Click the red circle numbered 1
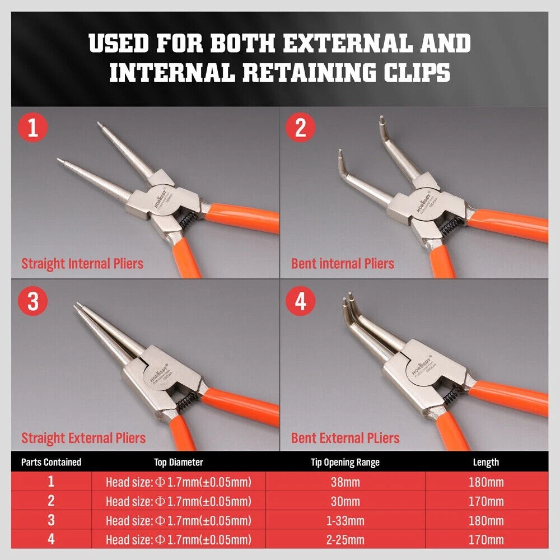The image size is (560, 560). tap(33, 128)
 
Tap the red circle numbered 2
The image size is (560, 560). tap(300, 128)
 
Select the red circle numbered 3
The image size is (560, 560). tap(33, 301)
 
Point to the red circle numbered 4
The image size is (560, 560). tap(300, 301)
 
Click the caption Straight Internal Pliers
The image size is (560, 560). tap(82, 264)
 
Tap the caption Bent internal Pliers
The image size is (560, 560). tap(343, 264)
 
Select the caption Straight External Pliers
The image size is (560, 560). tap(83, 438)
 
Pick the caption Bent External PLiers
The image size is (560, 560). tap(346, 438)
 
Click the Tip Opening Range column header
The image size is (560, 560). tap(345, 463)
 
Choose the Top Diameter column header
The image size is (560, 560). tap(179, 463)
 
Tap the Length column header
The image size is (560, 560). tap(486, 463)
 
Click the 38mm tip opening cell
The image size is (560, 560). tap(346, 482)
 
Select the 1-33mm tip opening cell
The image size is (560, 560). tap(346, 521)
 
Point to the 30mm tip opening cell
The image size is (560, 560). tap(346, 501)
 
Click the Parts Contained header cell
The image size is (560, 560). tap(51, 463)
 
